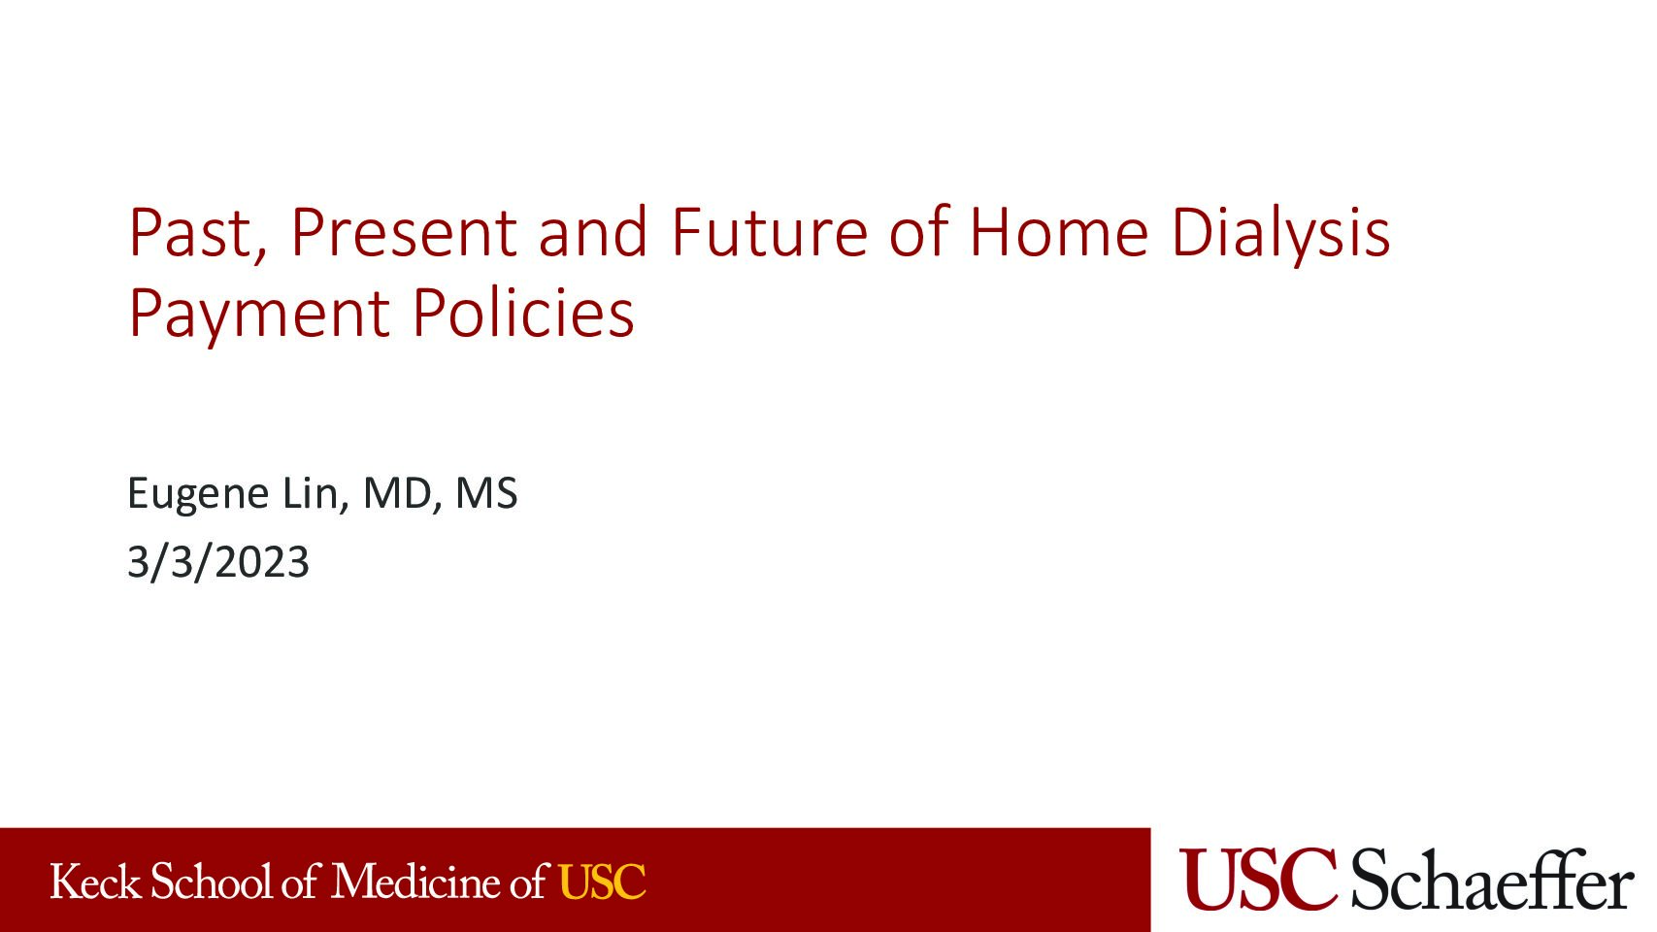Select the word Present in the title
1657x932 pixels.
pos(403,233)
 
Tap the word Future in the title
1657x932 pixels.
pos(769,233)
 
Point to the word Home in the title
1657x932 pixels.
pos(1058,233)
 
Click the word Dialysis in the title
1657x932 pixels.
pos(1279,235)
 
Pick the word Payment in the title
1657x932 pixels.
pos(258,315)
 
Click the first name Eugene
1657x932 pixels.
pos(197,494)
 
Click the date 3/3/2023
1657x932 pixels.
pos(217,562)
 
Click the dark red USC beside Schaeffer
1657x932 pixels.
pos(1259,879)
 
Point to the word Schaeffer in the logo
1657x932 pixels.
pos(1491,879)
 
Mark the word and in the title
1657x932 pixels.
pos(592,233)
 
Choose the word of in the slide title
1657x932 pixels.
pos(918,233)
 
